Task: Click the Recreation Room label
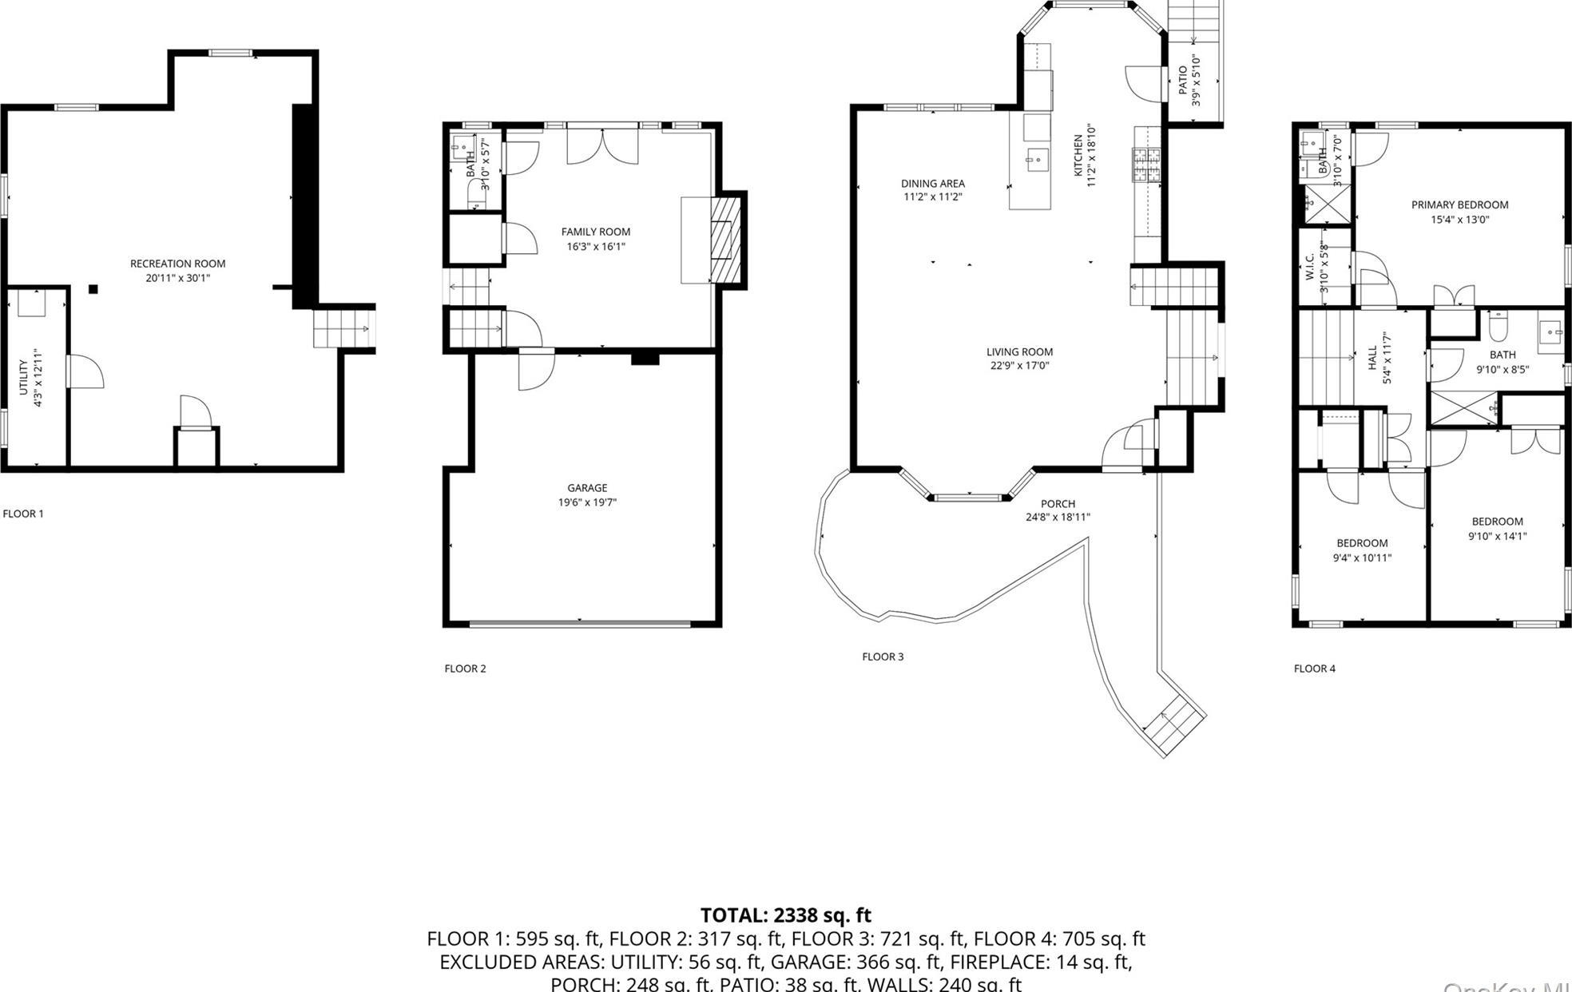point(177,264)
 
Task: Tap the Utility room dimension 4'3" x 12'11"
point(37,377)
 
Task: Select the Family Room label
point(595,232)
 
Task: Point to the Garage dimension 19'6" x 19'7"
point(587,502)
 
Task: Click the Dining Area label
point(932,184)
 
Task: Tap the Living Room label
point(1019,351)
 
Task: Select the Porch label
point(1058,504)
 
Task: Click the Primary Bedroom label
point(1459,204)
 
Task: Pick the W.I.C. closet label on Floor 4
point(1310,268)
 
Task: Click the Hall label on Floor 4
point(1372,352)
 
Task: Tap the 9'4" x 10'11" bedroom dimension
point(1362,558)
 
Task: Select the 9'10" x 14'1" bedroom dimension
point(1497,536)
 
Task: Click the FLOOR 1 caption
point(23,514)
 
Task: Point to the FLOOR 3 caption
point(883,657)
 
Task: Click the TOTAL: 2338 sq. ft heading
point(785,915)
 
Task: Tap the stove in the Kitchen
point(1147,166)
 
